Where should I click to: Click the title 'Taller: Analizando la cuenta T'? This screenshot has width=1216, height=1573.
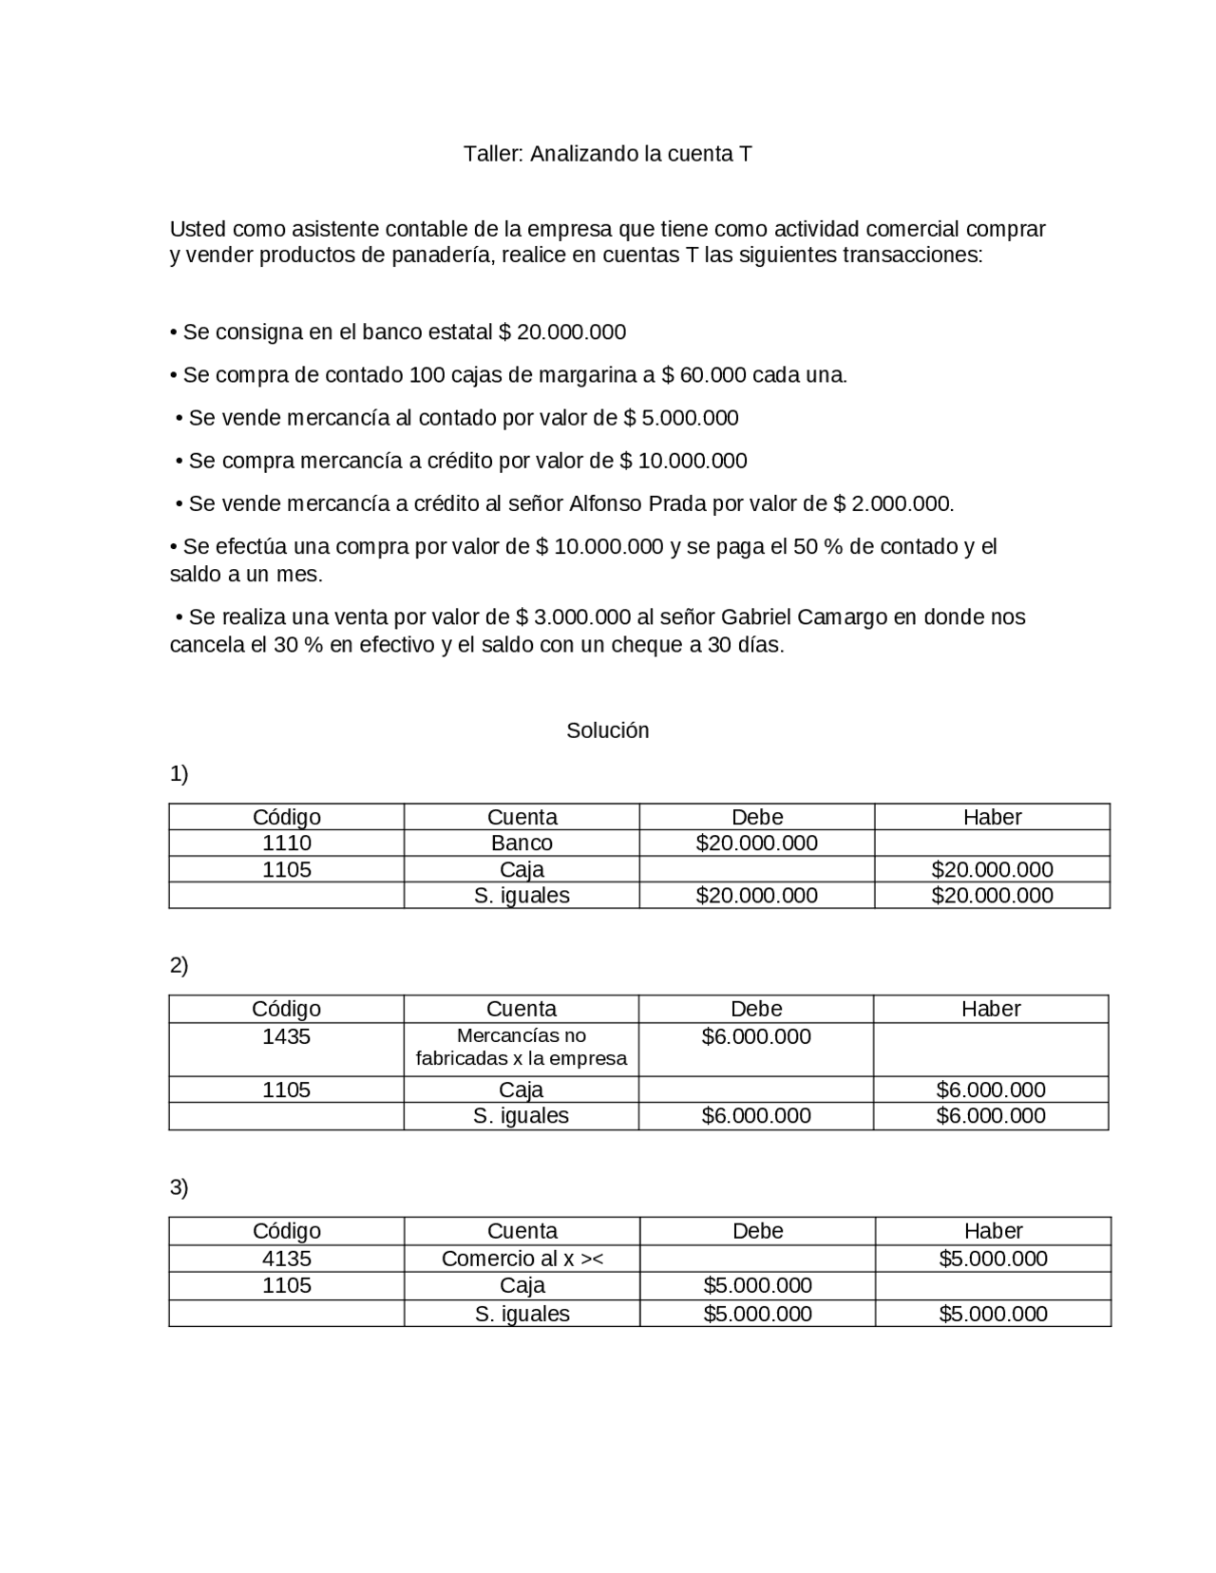[x=607, y=154]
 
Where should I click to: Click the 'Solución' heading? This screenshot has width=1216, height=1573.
[x=607, y=730]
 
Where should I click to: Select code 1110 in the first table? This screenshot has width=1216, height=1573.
[x=286, y=843]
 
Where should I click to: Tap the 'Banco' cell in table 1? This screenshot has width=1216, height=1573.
[x=522, y=843]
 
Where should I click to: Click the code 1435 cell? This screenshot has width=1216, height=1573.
[x=286, y=1036]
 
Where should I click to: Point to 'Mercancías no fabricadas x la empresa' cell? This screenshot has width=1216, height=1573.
[x=521, y=1048]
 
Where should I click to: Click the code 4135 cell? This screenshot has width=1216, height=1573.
[x=286, y=1259]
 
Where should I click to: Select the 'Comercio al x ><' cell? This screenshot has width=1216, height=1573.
[x=522, y=1259]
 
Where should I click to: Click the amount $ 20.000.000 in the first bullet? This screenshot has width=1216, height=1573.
[x=561, y=332]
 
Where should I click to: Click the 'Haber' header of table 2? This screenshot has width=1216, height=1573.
[x=991, y=1009]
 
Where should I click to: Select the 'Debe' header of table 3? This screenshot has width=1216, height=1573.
[x=757, y=1231]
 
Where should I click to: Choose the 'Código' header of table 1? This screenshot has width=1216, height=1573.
[x=286, y=817]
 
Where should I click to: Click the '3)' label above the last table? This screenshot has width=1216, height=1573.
[x=179, y=1187]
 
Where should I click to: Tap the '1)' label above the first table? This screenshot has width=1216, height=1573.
[x=179, y=774]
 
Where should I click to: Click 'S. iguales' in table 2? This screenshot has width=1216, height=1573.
[x=521, y=1116]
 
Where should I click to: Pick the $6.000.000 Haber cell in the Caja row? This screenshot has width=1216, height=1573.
[x=991, y=1090]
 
